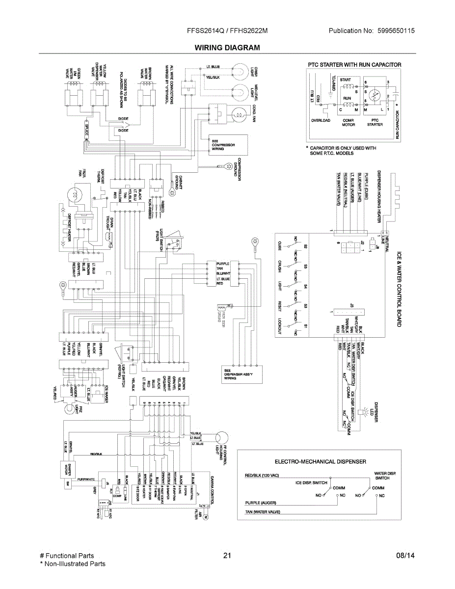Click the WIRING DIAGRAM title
pos(227,48)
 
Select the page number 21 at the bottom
pos(227,556)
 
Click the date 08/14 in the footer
pos(405,556)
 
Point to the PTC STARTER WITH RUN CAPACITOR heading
pos(354,65)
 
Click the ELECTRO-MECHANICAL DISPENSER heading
pos(320,461)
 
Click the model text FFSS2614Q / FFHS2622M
pos(227,30)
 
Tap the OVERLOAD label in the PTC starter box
pos(321,120)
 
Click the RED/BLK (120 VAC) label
pos(262,476)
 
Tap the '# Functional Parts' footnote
pos(67,556)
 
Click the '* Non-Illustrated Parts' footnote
pos(73,564)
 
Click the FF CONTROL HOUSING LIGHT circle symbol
pos(219,437)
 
